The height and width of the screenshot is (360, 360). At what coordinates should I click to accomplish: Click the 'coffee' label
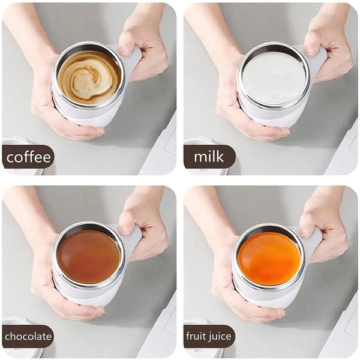pos(28,157)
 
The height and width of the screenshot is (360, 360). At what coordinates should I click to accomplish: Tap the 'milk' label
pos(209,157)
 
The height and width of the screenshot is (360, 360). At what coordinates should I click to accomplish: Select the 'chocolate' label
pos(28,337)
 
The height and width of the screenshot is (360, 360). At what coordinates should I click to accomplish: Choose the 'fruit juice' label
pos(209,337)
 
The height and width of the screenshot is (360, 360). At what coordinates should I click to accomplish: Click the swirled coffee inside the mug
pos(89,77)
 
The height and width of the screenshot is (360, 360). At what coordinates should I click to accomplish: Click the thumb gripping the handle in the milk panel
pos(311,45)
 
